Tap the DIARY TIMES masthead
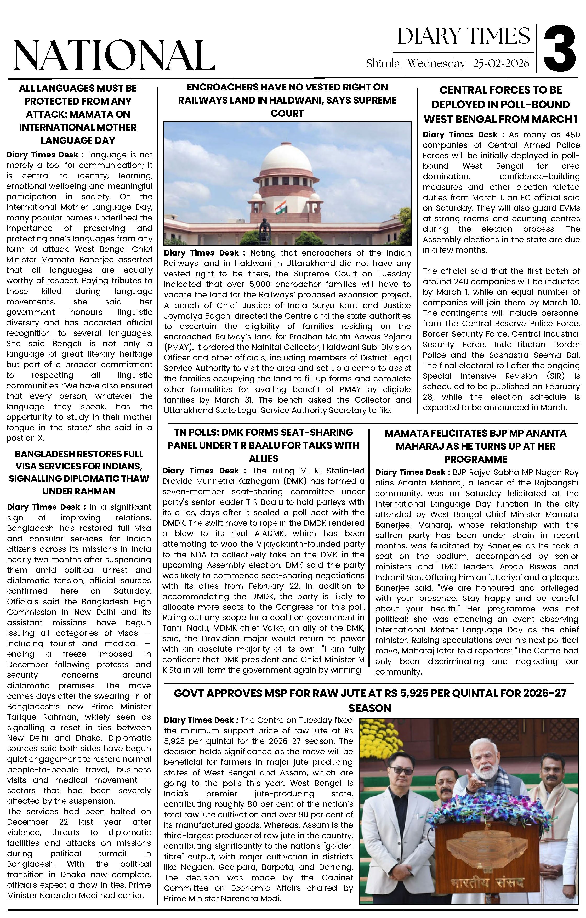[463, 37]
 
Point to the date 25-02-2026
[501, 63]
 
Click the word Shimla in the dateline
[383, 63]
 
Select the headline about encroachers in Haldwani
[287, 100]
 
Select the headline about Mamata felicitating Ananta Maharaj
[475, 446]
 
